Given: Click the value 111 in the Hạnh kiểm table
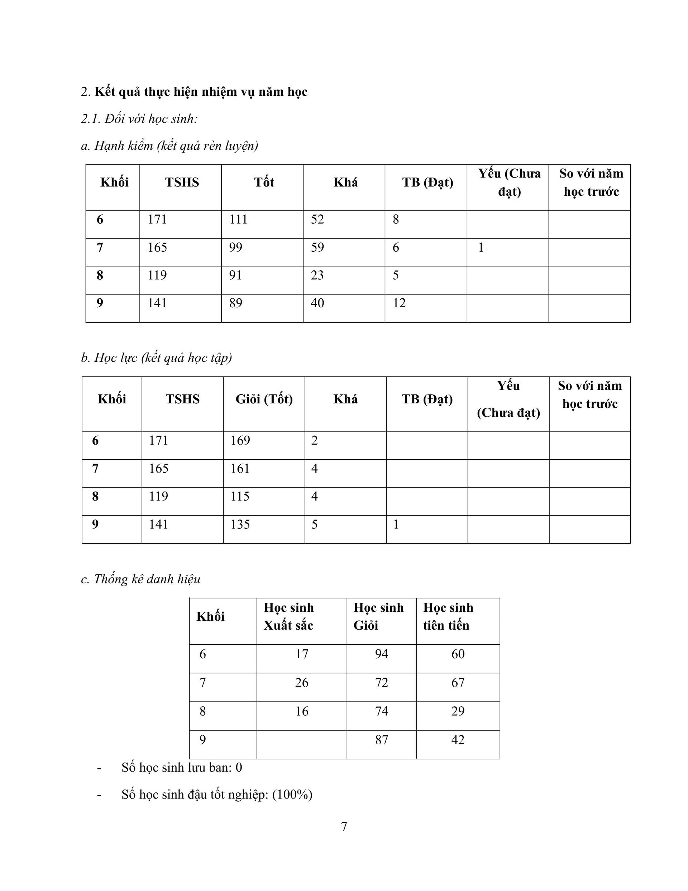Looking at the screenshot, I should [238, 219].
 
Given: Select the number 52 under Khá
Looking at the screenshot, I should [317, 219].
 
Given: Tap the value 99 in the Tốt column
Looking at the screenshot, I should [236, 247].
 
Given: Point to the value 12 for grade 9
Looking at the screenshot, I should [399, 303].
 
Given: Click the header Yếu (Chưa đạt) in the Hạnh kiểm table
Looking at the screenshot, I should [510, 183].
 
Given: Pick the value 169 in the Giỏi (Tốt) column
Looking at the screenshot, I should [240, 441].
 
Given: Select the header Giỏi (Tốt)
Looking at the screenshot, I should [264, 399].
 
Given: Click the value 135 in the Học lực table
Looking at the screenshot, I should [240, 524].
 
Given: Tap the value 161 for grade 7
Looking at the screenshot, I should [240, 468].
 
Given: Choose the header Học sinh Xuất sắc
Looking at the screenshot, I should [289, 616].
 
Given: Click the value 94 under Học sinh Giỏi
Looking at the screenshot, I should [381, 654].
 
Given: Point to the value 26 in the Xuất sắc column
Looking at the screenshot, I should [302, 683].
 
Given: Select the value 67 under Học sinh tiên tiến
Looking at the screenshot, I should [458, 683].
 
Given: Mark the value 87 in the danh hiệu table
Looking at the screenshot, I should [381, 740].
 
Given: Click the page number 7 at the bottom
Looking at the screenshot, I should [344, 826].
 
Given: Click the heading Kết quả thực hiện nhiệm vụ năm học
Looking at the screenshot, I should [201, 92].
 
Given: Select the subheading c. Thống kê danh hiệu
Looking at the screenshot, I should [141, 579].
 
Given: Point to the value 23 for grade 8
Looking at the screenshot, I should [317, 275].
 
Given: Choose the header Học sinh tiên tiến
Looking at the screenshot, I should [448, 616].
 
